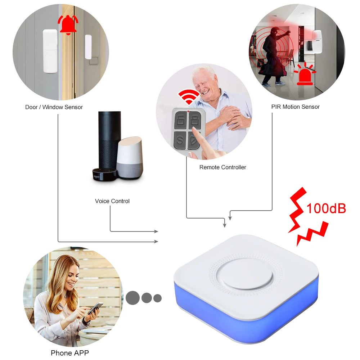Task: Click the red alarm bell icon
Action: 68,24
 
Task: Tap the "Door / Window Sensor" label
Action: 54,107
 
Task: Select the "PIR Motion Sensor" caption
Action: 295,107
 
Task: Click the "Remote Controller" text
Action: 223,167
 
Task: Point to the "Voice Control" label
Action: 112,201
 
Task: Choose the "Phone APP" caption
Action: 70,353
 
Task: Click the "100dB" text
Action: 326,208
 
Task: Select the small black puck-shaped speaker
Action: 104,174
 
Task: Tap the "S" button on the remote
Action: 179,139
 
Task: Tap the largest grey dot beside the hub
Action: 133,298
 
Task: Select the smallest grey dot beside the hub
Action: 157,298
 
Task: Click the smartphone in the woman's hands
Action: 95,308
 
